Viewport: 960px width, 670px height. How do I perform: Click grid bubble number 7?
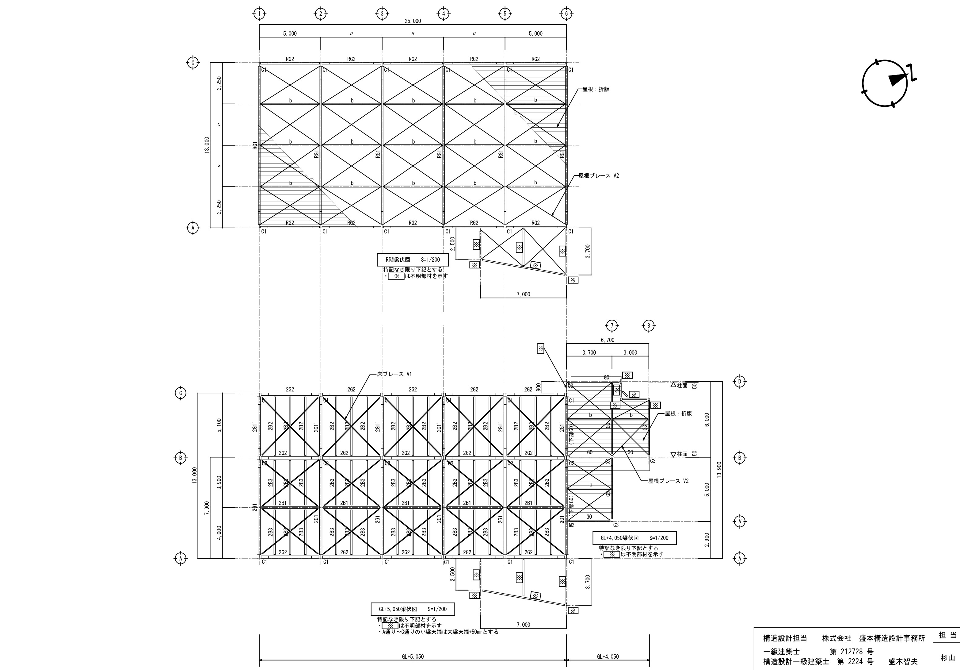point(612,325)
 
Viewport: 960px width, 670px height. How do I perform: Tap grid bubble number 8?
point(649,325)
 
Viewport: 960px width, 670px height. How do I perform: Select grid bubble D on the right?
point(740,381)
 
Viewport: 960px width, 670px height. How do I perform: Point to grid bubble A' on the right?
point(740,522)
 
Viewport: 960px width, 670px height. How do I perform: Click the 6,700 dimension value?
point(608,340)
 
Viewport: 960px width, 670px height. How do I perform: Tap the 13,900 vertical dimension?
point(719,470)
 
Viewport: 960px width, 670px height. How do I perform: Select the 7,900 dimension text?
point(207,508)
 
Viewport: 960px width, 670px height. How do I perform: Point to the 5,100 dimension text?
point(219,425)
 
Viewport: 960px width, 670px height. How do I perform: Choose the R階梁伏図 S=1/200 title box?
point(413,260)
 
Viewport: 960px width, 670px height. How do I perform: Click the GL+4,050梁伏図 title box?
point(634,538)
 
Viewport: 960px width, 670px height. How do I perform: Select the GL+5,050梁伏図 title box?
point(413,609)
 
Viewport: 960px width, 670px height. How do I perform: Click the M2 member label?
point(572,525)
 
